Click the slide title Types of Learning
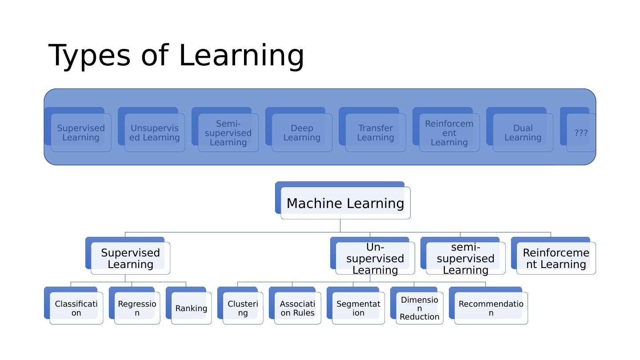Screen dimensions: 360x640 [176, 56]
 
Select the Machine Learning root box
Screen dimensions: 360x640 [345, 203]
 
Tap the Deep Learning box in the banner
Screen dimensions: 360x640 [302, 133]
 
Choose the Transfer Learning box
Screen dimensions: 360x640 [376, 133]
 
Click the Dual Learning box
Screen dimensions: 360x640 [523, 133]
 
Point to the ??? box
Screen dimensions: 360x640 [580, 133]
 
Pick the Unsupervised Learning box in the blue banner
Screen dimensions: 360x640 [155, 133]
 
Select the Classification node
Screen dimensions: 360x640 [76, 308]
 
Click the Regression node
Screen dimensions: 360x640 [137, 308]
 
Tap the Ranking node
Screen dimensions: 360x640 [191, 308]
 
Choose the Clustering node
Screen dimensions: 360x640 [243, 308]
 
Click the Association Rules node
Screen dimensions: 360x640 [297, 308]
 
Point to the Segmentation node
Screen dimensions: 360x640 [358, 308]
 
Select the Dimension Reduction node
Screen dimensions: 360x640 [419, 308]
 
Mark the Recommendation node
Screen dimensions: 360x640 [491, 308]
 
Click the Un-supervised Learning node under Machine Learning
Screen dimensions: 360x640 [375, 258]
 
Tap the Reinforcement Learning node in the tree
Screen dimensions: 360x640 [556, 258]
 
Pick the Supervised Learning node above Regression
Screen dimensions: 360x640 [130, 258]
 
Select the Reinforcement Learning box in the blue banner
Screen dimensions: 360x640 [449, 133]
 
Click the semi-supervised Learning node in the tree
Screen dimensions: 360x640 [465, 258]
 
